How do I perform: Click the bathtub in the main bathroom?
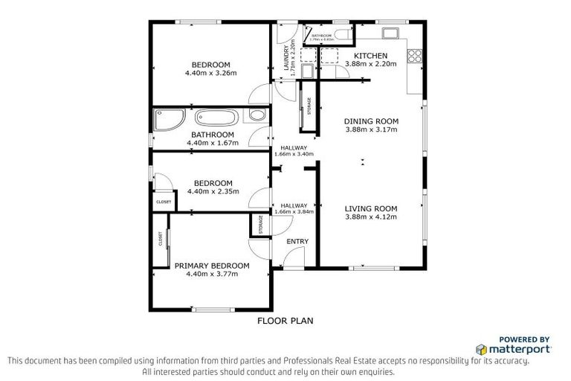click(x=217, y=118)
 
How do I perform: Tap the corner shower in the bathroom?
click(x=164, y=120)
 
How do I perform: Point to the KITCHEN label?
click(x=370, y=56)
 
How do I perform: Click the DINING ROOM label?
click(x=372, y=121)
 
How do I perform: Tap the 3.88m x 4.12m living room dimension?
click(x=372, y=217)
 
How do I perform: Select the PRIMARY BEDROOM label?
click(x=212, y=265)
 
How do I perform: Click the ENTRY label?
click(x=297, y=241)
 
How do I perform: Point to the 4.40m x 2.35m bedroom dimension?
click(x=213, y=191)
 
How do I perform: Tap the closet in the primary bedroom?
click(x=161, y=239)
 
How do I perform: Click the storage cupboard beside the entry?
click(x=261, y=225)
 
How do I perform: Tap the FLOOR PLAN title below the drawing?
click(x=285, y=321)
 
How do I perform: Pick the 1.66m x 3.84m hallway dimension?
click(x=294, y=211)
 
